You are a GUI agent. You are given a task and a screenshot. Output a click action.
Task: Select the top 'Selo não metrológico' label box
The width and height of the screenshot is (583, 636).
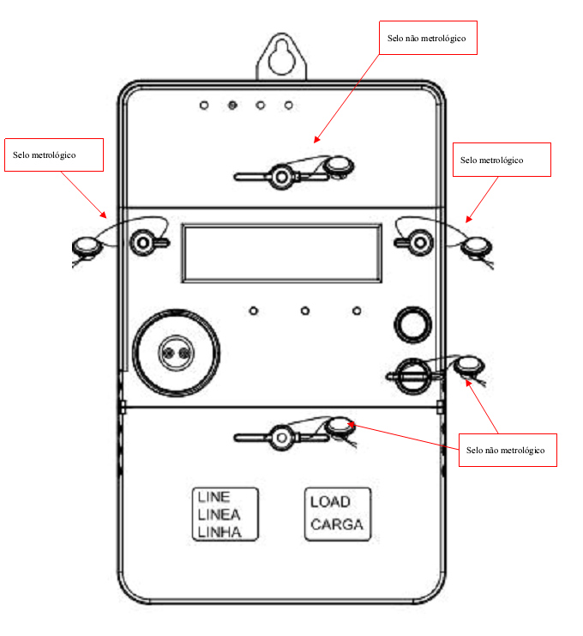[428, 38]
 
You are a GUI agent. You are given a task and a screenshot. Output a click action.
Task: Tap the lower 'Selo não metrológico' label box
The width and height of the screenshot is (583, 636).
[508, 450]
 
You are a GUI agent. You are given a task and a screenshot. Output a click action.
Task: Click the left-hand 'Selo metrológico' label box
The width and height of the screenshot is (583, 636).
[54, 154]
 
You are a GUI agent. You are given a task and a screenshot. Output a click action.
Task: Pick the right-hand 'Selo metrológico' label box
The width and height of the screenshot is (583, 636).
[502, 160]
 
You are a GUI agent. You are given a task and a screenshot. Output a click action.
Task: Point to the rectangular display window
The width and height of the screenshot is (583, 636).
[281, 253]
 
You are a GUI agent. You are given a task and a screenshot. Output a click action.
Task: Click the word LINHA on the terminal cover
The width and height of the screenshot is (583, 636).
[219, 532]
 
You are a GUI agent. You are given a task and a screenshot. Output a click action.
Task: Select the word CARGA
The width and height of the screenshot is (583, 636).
[337, 524]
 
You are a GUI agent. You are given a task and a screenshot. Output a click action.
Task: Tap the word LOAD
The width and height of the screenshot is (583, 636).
[330, 502]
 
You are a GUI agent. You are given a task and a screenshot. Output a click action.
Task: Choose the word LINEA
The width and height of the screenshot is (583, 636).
[219, 514]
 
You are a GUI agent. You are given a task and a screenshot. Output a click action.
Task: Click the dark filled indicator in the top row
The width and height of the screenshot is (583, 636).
[232, 106]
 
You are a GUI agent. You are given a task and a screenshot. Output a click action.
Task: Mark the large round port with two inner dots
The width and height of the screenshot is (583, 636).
[177, 353]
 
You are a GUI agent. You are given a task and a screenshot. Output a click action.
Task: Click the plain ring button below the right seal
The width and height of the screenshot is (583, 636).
[412, 324]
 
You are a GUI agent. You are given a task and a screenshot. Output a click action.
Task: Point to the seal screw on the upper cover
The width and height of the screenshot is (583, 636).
[281, 177]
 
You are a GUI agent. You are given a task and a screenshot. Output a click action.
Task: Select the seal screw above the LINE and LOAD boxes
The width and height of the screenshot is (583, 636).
[281, 438]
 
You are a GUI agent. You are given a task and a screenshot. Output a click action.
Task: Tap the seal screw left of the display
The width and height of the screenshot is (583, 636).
[142, 243]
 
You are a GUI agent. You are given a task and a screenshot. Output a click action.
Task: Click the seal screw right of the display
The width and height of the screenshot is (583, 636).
[421, 243]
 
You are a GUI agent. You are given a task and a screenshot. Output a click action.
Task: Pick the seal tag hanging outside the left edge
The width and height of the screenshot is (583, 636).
[86, 246]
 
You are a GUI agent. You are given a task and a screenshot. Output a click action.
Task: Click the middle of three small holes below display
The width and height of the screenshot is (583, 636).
[305, 311]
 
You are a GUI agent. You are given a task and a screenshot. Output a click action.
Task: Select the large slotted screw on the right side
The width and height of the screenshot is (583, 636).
[412, 377]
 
